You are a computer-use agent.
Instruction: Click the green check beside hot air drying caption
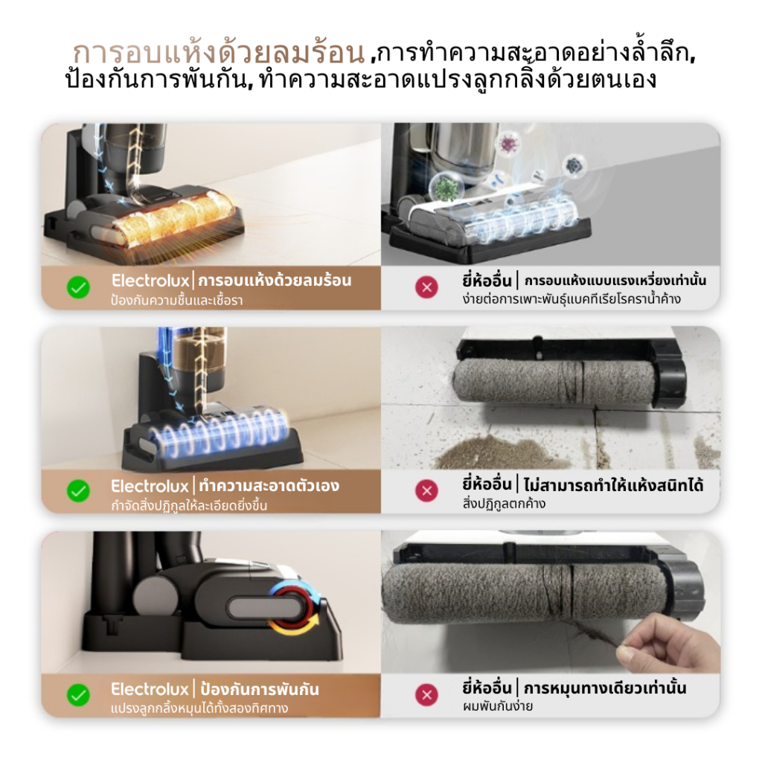click(78, 287)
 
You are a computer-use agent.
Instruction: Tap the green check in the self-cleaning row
click(78, 491)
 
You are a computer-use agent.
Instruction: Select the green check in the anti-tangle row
click(78, 695)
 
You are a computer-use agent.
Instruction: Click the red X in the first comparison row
click(426, 287)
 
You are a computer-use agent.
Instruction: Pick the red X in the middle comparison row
click(426, 491)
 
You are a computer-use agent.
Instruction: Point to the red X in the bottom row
click(426, 695)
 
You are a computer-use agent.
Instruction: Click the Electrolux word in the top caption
click(150, 281)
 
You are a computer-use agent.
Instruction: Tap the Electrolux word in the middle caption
click(150, 486)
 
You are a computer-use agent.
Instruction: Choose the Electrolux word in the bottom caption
click(150, 689)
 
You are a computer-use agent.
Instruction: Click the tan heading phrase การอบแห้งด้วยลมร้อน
click(219, 54)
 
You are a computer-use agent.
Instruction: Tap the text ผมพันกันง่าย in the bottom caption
click(497, 705)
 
